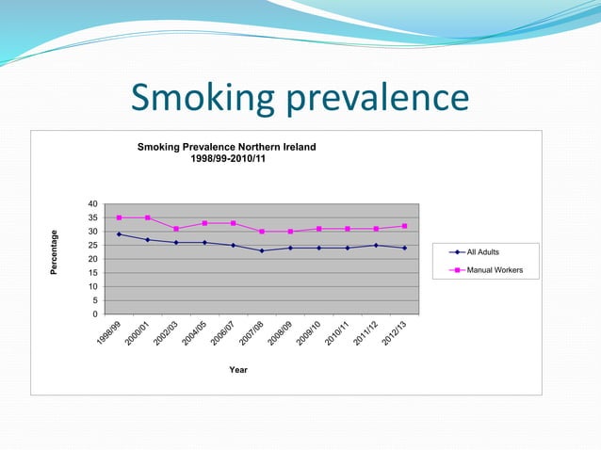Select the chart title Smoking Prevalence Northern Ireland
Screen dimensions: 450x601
[x=227, y=147]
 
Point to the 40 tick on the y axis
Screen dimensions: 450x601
[x=91, y=204]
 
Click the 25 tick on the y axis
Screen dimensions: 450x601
[x=91, y=246]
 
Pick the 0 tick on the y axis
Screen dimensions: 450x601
[x=94, y=313]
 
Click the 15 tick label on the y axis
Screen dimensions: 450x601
[x=91, y=273]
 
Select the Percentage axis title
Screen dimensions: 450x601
[x=55, y=252]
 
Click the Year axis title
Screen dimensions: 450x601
[x=238, y=370]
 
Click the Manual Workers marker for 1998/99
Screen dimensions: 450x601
[x=120, y=217]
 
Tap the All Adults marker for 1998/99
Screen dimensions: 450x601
[x=120, y=234]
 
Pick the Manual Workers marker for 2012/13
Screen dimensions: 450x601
[x=404, y=226]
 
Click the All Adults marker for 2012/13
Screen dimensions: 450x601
[x=404, y=248]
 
